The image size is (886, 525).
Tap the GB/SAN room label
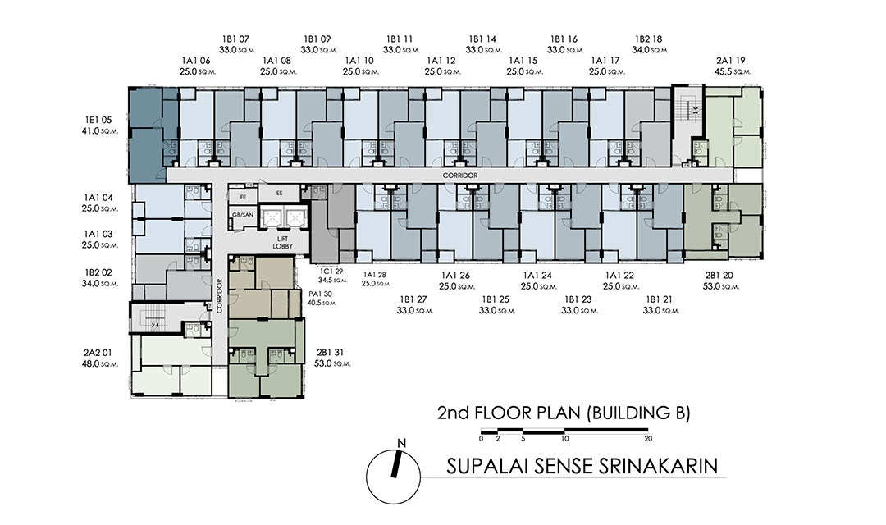coord(242,215)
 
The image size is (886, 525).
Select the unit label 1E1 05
coord(98,120)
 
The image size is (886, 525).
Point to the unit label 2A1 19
coord(731,61)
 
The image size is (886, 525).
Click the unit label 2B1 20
coord(719,276)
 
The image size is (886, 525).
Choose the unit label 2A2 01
coord(97,353)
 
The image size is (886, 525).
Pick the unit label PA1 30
coord(321,294)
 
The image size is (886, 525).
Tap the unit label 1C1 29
coord(331,272)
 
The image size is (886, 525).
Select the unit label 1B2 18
coord(649,39)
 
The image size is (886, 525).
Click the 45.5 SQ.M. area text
coord(733,71)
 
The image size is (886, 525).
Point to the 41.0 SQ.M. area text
coord(100,131)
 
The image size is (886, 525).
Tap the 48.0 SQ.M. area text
coord(100,364)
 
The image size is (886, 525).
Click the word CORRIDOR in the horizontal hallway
coord(460,176)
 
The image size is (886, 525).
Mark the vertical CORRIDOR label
coord(219,295)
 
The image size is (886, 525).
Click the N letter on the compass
coord(402,443)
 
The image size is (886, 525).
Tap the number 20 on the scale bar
coord(648,439)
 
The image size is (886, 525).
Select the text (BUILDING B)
coord(639,413)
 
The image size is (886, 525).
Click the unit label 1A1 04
coord(98,198)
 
